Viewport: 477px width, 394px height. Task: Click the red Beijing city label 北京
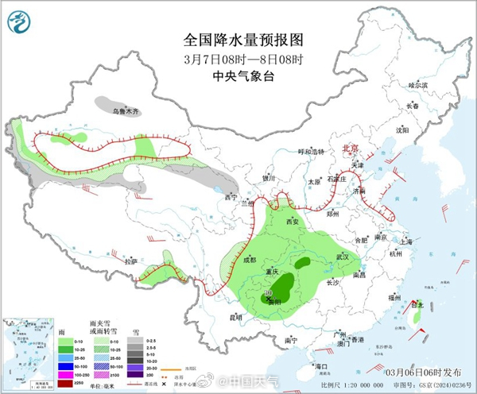350,149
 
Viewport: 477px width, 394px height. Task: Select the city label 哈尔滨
417,85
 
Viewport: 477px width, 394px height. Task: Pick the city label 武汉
343,256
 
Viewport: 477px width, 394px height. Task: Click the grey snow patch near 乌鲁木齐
115,104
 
